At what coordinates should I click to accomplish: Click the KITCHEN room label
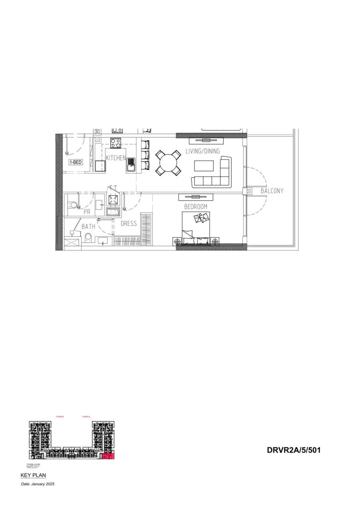click(x=116, y=158)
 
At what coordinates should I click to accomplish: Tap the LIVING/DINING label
click(x=202, y=151)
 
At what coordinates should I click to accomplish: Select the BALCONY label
click(x=272, y=191)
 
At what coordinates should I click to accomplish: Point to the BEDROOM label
click(x=196, y=206)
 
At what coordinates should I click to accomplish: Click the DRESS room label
click(x=129, y=224)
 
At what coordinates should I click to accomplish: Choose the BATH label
click(x=88, y=226)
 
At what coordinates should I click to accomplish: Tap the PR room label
click(x=87, y=212)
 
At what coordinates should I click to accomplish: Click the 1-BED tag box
click(x=76, y=162)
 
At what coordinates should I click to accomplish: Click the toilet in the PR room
click(x=72, y=205)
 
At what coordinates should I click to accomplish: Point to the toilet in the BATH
click(x=88, y=238)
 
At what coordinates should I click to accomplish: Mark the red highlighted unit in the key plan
click(x=108, y=456)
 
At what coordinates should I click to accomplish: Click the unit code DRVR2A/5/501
click(x=294, y=450)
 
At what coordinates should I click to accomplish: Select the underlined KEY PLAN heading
click(x=33, y=475)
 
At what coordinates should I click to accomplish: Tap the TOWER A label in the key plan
click(x=86, y=417)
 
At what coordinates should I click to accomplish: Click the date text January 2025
click(x=38, y=484)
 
